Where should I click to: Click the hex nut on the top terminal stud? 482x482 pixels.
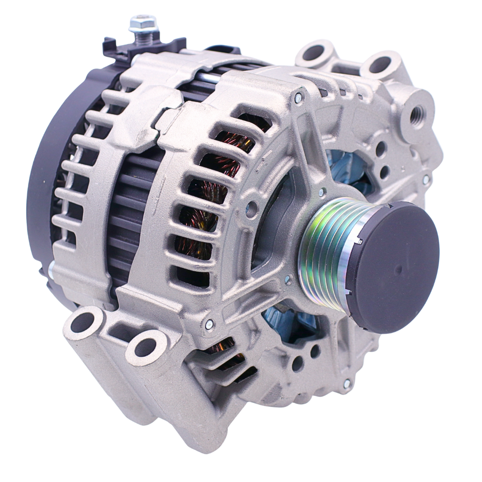pos(143,23)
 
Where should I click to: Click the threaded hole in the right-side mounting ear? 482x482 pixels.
pos(417,114)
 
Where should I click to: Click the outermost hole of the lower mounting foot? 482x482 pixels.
pos(83,322)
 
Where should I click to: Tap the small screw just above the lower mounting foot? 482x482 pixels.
pos(209,324)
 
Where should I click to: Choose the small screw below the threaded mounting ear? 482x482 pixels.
pos(426,179)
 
